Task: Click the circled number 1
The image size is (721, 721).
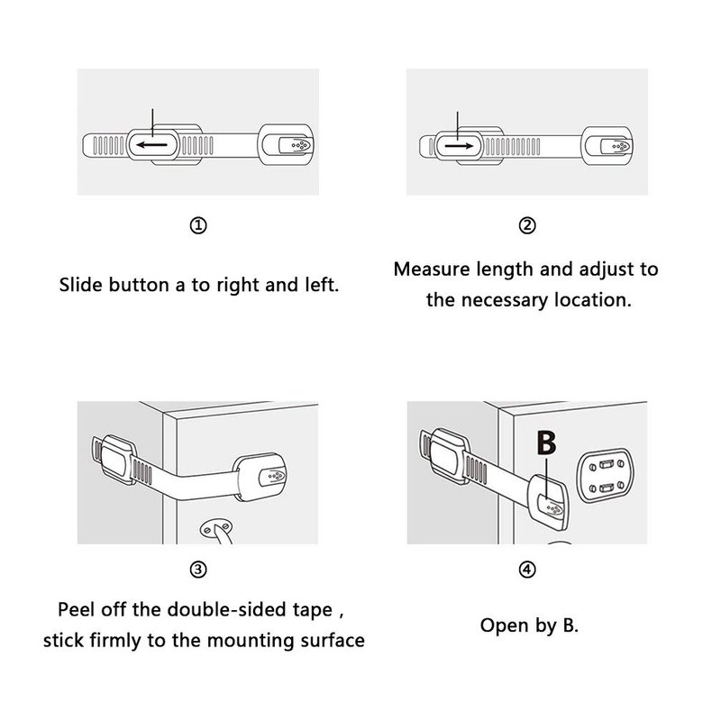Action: (x=198, y=225)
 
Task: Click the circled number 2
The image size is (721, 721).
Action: (x=527, y=225)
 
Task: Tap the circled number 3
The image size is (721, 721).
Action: (x=198, y=570)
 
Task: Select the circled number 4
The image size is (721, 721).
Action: (x=527, y=570)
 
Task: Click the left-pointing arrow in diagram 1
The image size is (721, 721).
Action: (x=152, y=145)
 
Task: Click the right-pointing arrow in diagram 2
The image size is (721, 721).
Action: (x=459, y=146)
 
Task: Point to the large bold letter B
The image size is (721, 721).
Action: (x=546, y=443)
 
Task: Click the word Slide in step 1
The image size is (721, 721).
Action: (x=81, y=285)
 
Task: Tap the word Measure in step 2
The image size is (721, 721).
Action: (x=432, y=269)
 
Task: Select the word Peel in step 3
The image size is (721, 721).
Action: (x=76, y=610)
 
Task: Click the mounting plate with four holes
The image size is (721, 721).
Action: (x=606, y=476)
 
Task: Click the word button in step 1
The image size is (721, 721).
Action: (x=140, y=285)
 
